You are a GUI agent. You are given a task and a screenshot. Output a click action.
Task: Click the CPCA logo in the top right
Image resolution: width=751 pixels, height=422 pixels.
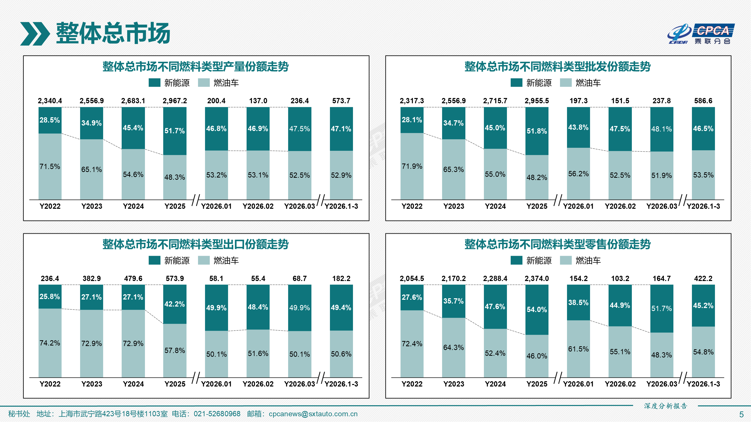pyautogui.click(x=701, y=34)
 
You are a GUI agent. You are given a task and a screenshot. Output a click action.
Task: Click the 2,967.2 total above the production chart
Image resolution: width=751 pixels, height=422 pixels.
pyautogui.click(x=175, y=101)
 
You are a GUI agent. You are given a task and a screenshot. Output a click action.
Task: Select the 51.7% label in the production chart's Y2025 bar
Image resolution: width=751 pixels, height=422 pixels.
pyautogui.click(x=175, y=131)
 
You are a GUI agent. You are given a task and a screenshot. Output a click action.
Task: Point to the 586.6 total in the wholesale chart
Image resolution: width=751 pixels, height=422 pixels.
pyautogui.click(x=703, y=101)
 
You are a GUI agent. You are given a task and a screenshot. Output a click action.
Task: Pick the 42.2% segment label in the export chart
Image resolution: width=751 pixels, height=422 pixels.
pyautogui.click(x=175, y=304)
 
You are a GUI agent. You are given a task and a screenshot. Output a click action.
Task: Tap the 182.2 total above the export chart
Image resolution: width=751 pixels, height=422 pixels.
pyautogui.click(x=341, y=278)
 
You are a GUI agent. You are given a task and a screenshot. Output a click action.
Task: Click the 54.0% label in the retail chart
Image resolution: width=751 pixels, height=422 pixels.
pyautogui.click(x=536, y=309)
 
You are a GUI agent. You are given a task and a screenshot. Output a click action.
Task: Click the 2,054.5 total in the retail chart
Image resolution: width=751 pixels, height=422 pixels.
pyautogui.click(x=412, y=278)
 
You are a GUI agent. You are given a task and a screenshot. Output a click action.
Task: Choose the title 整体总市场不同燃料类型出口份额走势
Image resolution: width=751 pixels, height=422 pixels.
pyautogui.click(x=195, y=244)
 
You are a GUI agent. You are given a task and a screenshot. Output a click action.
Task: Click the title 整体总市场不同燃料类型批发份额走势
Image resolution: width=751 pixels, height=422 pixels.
pyautogui.click(x=557, y=66)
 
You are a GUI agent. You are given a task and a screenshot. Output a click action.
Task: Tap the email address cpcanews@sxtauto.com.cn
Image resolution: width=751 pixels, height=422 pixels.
pyautogui.click(x=313, y=414)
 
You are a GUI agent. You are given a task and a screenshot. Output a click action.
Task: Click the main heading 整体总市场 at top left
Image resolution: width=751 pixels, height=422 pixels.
pyautogui.click(x=113, y=33)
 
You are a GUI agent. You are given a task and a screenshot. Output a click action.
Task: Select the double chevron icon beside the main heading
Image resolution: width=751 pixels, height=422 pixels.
pyautogui.click(x=35, y=34)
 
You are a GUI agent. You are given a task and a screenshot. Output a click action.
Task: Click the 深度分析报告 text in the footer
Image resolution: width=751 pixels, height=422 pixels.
pyautogui.click(x=666, y=406)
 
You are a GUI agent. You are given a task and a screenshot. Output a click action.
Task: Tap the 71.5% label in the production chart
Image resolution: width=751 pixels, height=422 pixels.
pyautogui.click(x=50, y=166)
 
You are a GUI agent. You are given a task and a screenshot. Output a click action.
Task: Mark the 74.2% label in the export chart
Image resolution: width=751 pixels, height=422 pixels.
pyautogui.click(x=50, y=343)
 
